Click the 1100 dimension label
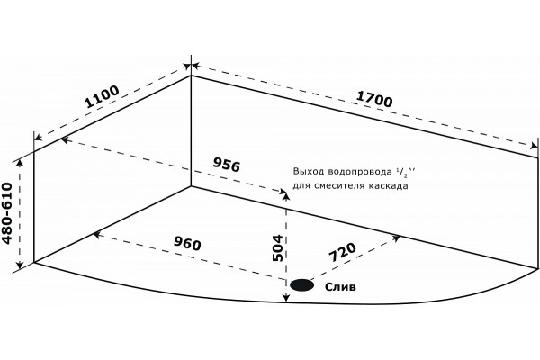pos(103,96)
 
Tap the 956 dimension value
pos(226,165)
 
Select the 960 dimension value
pos(187,243)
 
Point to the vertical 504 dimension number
pos(277,248)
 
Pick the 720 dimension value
pos(343,253)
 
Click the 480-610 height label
pos(7,213)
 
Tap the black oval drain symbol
pos(302,285)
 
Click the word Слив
pos(340,286)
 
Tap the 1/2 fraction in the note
pos(402,172)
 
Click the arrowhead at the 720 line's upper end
pos(396,238)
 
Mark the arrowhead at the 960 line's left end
pos(97,235)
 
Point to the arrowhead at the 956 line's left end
pos(66,139)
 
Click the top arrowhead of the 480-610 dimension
pos(20,163)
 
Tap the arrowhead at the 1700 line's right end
pos(534,146)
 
